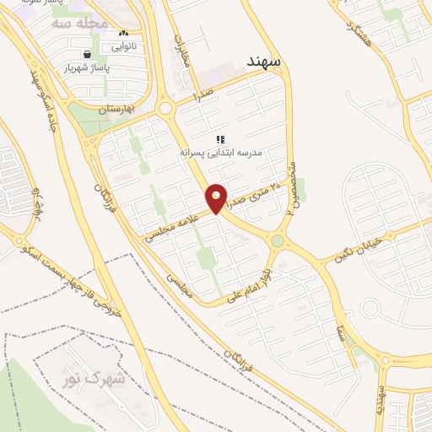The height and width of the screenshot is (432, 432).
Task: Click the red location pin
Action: (x=217, y=198)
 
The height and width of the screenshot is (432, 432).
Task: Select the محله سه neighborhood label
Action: (x=79, y=24)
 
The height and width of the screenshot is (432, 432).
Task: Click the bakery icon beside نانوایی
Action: (x=123, y=33)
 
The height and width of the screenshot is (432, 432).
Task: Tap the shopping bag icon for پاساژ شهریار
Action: (x=88, y=53)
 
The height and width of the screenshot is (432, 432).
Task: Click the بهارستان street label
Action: (x=116, y=110)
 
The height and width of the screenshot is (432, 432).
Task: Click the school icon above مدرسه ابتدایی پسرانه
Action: (x=220, y=139)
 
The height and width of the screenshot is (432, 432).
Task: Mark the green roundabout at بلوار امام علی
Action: (x=277, y=241)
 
